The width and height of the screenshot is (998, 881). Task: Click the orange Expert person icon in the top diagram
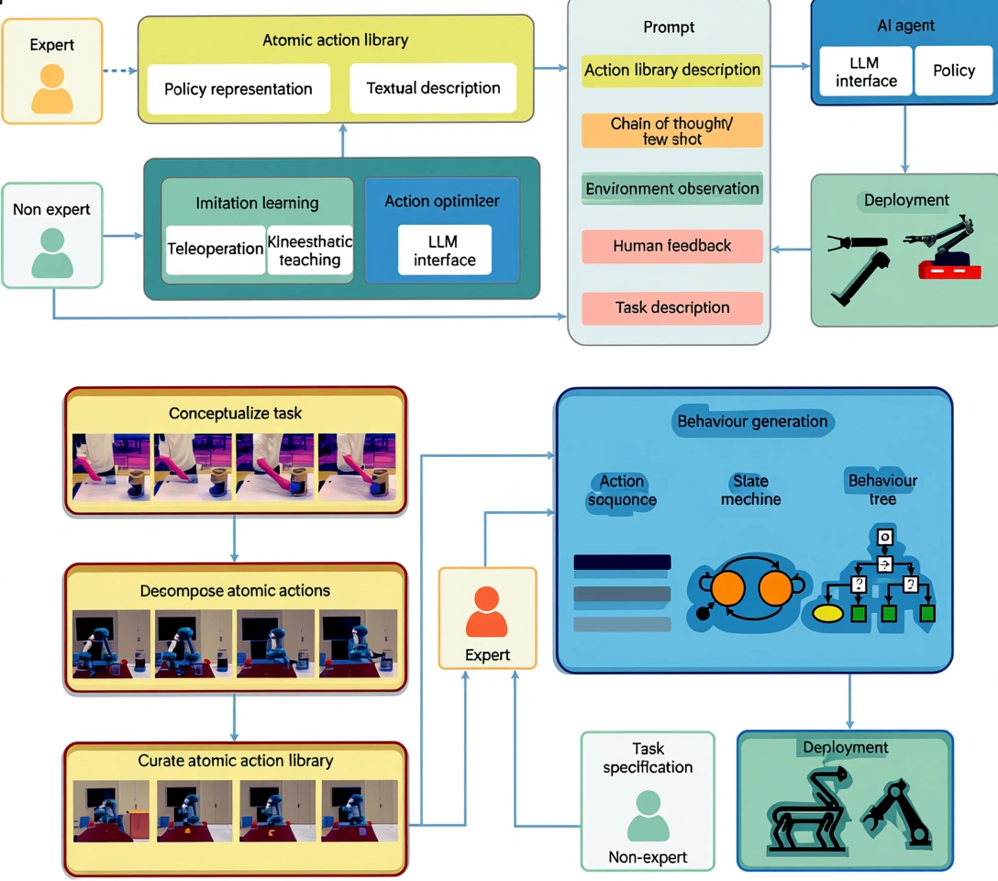click(51, 88)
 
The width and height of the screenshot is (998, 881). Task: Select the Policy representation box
click(238, 89)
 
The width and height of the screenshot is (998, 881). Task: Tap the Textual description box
click(433, 88)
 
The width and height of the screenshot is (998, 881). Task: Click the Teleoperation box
click(216, 250)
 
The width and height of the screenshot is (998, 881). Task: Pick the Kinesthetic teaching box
click(310, 251)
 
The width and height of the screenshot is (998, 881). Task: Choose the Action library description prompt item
click(671, 70)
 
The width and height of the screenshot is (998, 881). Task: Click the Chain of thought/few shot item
click(671, 130)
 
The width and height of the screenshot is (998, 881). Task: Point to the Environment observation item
click(671, 188)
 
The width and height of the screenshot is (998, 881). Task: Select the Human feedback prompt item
click(671, 246)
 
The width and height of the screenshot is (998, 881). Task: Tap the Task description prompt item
click(671, 307)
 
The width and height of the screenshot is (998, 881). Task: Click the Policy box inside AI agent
click(953, 71)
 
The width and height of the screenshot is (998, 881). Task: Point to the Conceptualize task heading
click(235, 413)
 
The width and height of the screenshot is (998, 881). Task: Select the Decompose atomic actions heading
click(235, 590)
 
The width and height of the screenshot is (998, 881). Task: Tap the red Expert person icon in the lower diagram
click(486, 612)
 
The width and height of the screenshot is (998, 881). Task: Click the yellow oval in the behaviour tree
click(828, 612)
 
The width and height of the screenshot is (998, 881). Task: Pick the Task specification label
click(648, 758)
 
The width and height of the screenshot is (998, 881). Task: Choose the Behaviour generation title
click(752, 422)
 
